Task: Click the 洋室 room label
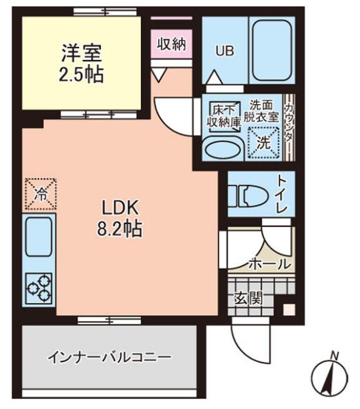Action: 82,52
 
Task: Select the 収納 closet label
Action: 171,44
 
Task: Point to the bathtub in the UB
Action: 270,51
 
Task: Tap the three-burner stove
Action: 39,289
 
